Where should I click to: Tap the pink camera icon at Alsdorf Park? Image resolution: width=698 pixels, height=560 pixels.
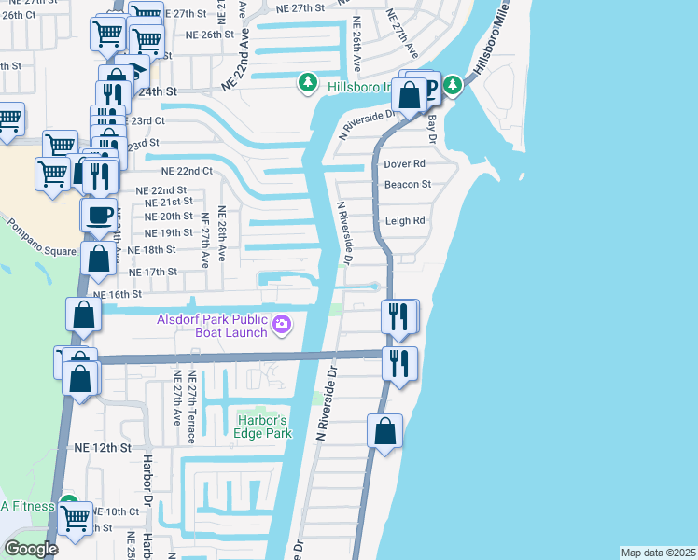tap(282, 325)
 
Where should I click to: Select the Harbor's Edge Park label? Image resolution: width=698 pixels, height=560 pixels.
tap(264, 426)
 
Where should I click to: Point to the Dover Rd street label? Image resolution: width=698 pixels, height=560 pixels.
tap(404, 163)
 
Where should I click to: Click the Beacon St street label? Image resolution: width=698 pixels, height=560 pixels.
tap(408, 184)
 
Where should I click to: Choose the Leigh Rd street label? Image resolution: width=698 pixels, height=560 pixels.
tap(405, 221)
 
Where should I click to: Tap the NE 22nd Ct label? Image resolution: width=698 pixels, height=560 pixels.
tap(188, 172)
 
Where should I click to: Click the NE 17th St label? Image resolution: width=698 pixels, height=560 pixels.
tap(152, 272)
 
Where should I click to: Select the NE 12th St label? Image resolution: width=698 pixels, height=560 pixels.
tap(103, 448)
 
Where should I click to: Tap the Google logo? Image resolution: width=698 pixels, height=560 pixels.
tap(31, 549)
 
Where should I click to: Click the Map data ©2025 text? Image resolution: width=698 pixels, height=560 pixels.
tap(658, 553)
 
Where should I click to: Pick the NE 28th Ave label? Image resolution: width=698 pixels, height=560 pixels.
tap(222, 228)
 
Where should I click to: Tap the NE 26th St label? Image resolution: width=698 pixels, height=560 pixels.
tap(209, 35)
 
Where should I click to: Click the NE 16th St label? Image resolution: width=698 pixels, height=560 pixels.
tap(117, 294)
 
